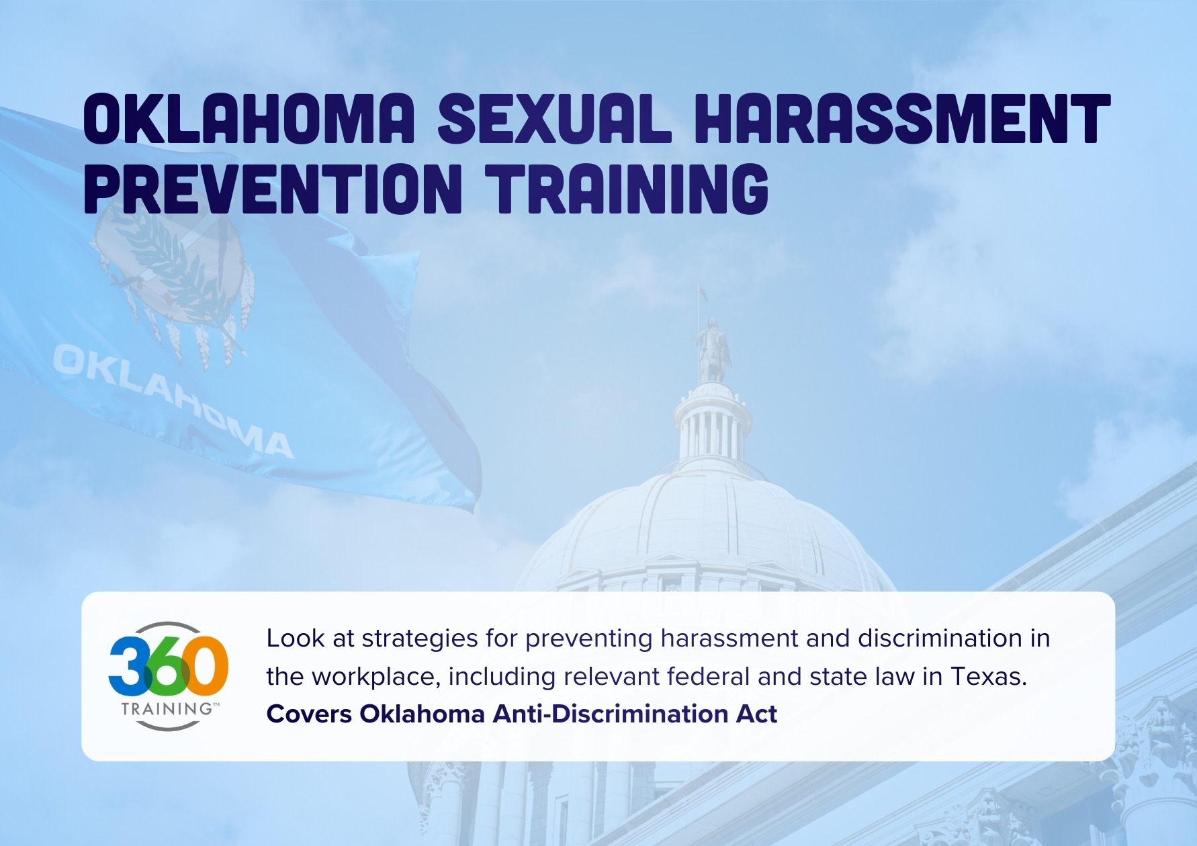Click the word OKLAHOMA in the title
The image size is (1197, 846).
tap(249, 120)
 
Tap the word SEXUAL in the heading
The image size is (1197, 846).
tap(554, 120)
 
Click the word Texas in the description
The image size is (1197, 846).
tap(988, 676)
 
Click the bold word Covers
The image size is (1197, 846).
tap(309, 714)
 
